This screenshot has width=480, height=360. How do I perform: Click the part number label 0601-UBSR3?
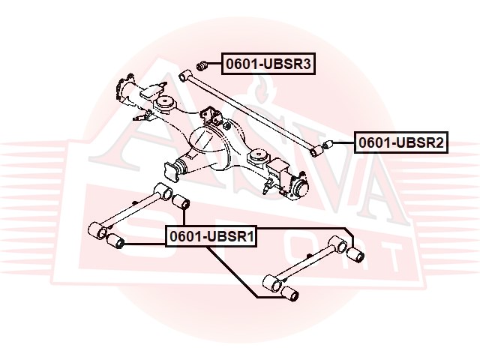[268, 64]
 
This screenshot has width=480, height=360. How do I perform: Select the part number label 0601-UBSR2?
[401, 142]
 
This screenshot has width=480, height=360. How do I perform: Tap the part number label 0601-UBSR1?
[211, 236]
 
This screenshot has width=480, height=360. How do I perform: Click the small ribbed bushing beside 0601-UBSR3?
[202, 65]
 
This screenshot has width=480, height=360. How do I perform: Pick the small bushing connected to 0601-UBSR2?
[328, 145]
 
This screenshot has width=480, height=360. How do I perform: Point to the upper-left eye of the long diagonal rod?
[184, 75]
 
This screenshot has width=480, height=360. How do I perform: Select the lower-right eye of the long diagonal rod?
[316, 151]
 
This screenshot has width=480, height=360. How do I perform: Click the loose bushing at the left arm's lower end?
[115, 241]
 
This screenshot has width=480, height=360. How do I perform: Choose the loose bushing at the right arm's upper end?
[355, 254]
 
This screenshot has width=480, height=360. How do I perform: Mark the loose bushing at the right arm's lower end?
[289, 293]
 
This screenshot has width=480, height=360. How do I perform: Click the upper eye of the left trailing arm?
[163, 191]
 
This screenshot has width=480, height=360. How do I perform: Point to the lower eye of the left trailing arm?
[97, 231]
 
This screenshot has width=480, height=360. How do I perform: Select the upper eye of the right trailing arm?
[337, 244]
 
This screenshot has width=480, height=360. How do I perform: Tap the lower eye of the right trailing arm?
[271, 283]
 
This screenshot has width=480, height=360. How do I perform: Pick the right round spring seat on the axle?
[259, 156]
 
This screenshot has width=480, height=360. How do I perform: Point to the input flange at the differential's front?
[171, 172]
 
